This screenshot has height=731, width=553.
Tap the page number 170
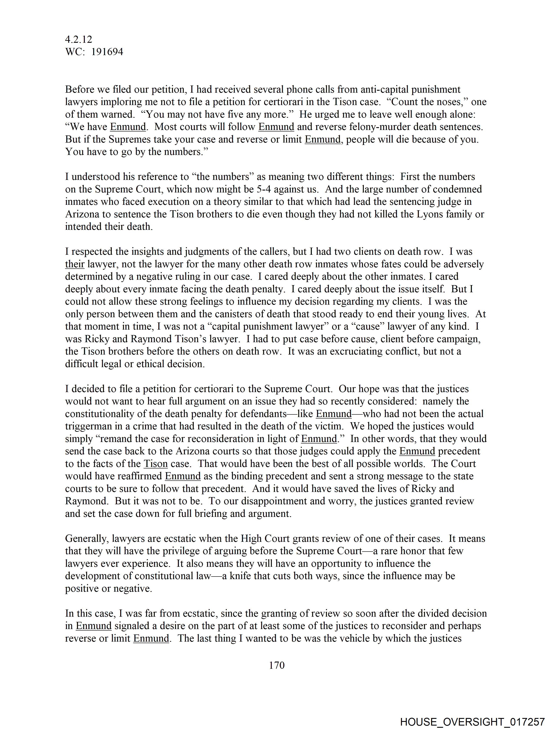[x=276, y=665]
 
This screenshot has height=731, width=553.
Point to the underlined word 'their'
[x=75, y=264]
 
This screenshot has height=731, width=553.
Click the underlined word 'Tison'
[x=155, y=464]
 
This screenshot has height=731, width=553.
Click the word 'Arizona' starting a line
[x=82, y=214]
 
